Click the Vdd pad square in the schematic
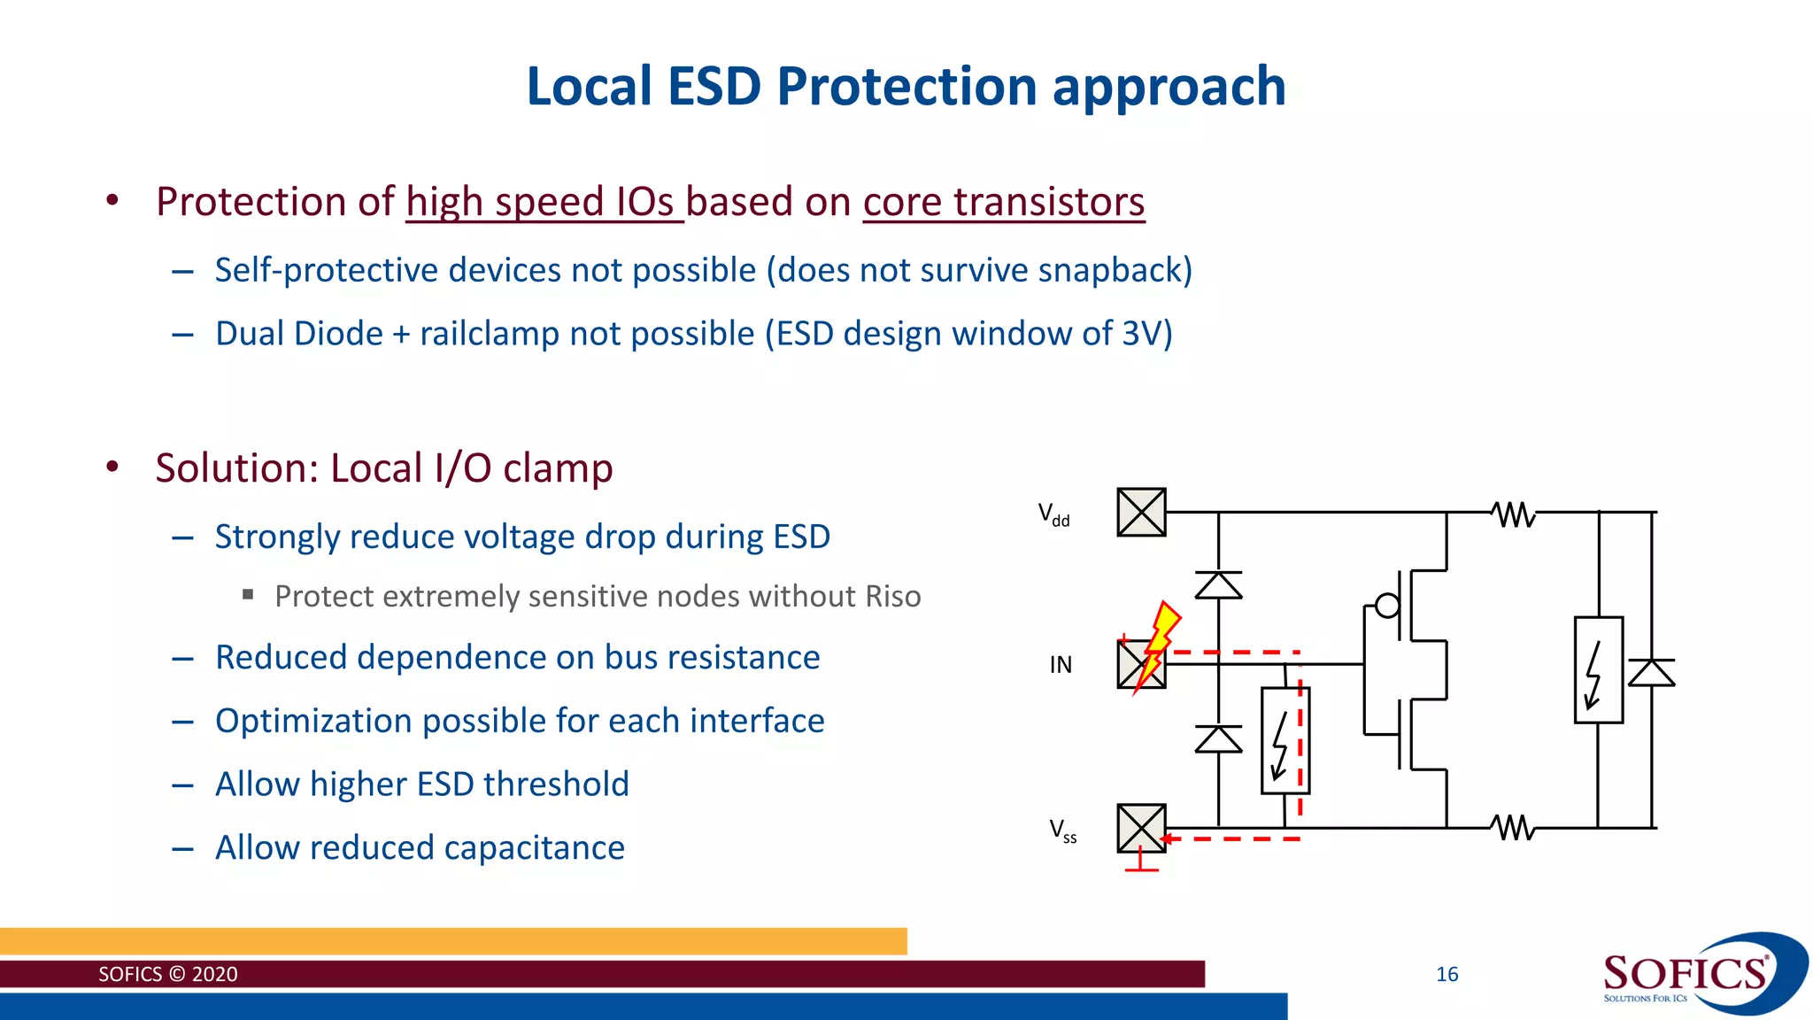[1141, 512]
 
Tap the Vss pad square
[1141, 828]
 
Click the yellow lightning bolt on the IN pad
[1158, 645]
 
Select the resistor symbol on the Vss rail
[1513, 828]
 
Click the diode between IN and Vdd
[1218, 585]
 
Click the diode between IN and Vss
[1218, 738]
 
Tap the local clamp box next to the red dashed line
[1284, 740]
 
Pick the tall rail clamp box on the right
[1598, 670]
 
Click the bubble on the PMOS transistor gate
[1387, 606]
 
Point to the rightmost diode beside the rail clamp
[1652, 673]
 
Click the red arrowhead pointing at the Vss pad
[1168, 838]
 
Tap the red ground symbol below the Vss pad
[1141, 863]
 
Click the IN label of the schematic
[1061, 665]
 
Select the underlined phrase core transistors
[1003, 202]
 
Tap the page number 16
[1447, 974]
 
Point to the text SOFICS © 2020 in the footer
[167, 974]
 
